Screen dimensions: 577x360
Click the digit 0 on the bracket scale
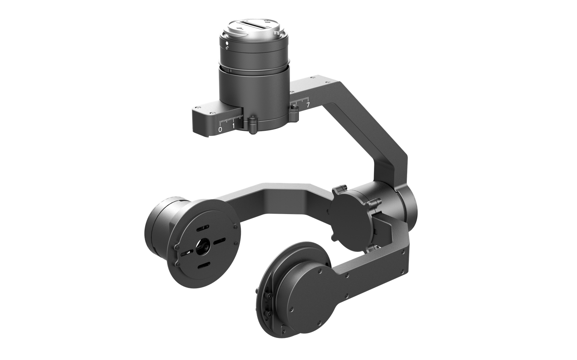click(x=220, y=129)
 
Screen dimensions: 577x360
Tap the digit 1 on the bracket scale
click(x=234, y=126)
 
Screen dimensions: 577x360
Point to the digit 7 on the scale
click(x=308, y=105)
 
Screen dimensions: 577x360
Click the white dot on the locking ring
click(x=227, y=43)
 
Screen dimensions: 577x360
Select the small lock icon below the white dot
click(x=227, y=48)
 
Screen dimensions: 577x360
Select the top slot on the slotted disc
click(x=203, y=228)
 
